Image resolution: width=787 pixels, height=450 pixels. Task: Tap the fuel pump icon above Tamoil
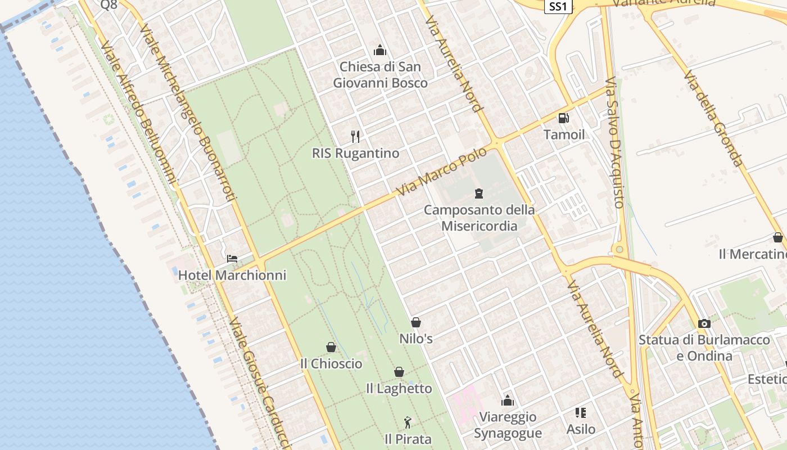[x=563, y=118]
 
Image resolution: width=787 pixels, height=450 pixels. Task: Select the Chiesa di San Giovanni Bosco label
[x=380, y=75]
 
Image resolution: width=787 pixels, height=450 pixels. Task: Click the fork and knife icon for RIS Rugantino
[x=355, y=136]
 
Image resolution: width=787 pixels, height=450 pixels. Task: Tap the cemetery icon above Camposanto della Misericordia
[x=479, y=193]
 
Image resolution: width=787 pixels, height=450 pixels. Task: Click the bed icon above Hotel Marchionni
[x=232, y=259]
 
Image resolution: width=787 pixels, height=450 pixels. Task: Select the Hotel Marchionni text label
[x=232, y=275]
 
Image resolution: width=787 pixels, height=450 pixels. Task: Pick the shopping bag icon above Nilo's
[x=416, y=322]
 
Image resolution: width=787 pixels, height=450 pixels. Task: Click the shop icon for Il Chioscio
[x=331, y=347]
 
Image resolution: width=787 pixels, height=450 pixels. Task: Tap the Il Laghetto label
[x=399, y=389]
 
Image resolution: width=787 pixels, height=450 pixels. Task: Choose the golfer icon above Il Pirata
[x=408, y=422]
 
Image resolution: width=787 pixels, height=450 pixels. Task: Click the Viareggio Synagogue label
[x=508, y=425]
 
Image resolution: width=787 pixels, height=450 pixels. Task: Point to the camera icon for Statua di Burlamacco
[x=704, y=323]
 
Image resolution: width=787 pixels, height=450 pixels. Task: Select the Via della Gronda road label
[x=713, y=119]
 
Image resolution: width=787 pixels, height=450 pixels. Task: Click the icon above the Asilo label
[x=581, y=413]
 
